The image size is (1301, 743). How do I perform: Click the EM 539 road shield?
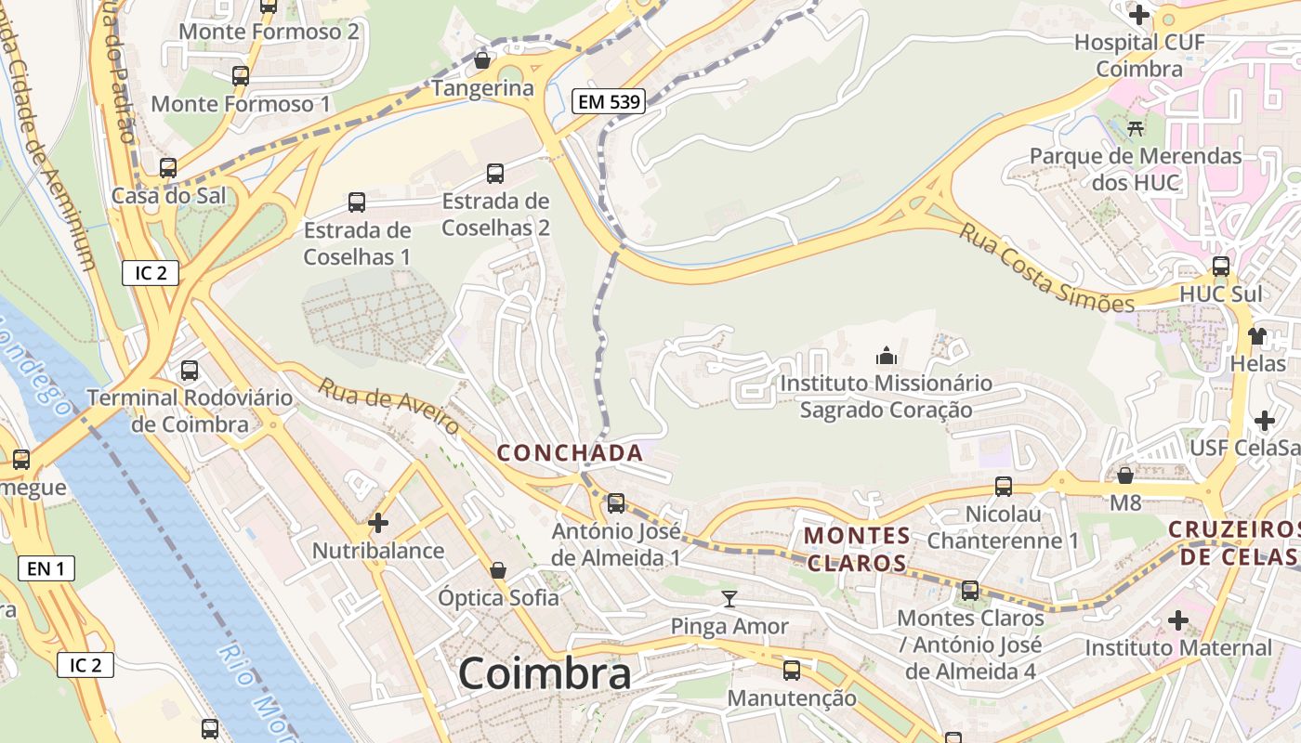609,102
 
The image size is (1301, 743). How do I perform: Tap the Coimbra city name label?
545,673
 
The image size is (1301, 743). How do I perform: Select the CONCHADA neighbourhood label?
570,453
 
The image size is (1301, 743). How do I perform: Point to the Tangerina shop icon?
482,61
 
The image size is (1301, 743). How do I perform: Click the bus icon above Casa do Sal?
168,168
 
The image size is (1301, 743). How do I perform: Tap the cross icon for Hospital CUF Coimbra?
1138,15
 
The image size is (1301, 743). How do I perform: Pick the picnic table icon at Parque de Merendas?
1135,128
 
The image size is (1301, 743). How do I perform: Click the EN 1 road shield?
46,568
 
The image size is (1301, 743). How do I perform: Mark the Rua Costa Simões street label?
1047,267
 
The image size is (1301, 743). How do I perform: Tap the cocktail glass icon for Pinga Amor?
729,599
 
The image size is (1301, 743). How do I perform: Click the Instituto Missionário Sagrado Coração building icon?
887,356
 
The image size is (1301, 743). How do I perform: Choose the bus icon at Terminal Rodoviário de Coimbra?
190,371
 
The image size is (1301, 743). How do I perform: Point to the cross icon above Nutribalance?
378,523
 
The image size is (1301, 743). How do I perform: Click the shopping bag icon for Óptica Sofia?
498,570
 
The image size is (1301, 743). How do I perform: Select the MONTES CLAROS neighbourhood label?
857,549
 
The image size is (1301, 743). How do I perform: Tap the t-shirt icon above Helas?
1257,335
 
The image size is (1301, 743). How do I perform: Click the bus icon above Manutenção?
792,671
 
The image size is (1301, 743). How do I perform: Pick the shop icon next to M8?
1125,476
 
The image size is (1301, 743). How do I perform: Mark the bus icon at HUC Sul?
1221,267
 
